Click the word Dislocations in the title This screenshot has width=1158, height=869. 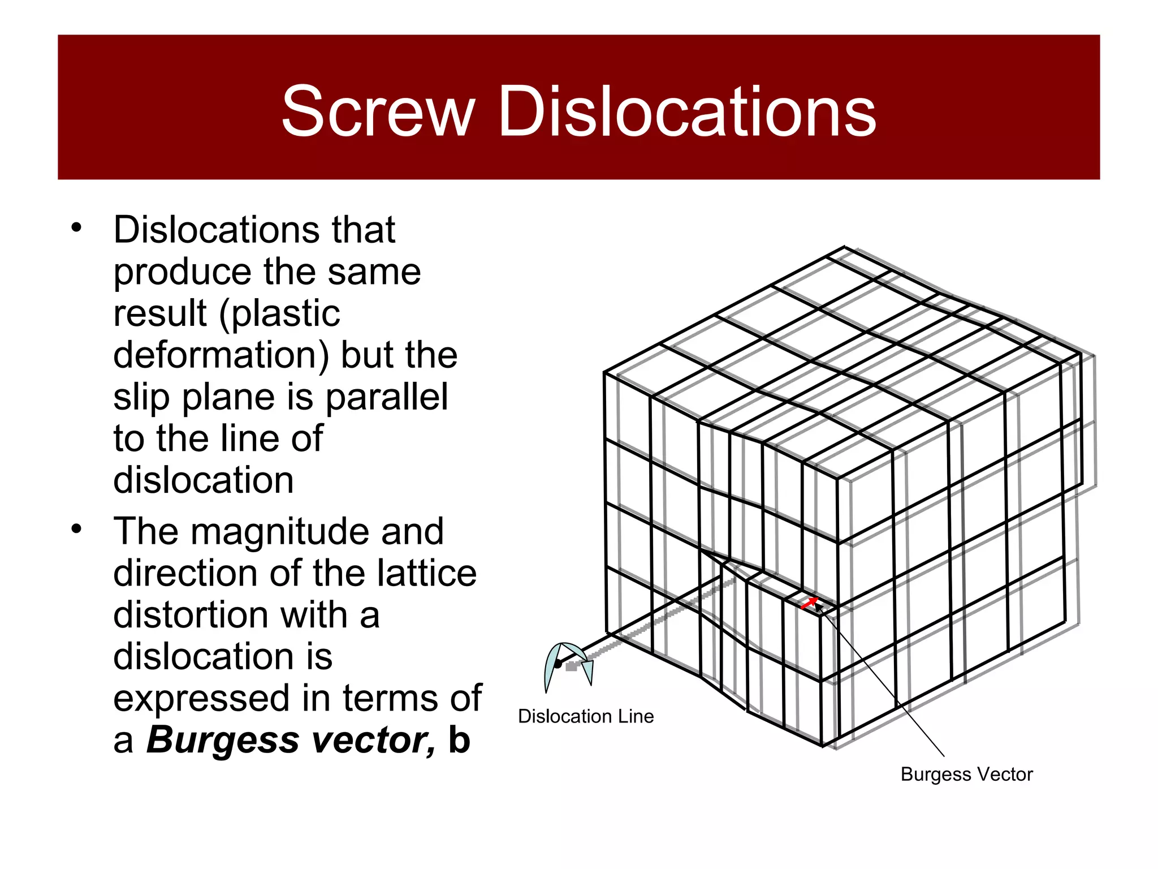click(x=686, y=111)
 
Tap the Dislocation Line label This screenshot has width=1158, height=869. click(x=586, y=716)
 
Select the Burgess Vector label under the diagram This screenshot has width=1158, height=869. click(x=966, y=774)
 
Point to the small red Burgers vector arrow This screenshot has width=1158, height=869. click(x=809, y=603)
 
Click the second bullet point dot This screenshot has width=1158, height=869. click(x=76, y=530)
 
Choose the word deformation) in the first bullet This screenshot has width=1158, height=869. click(x=221, y=355)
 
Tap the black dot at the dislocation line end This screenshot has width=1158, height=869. click(x=558, y=664)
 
